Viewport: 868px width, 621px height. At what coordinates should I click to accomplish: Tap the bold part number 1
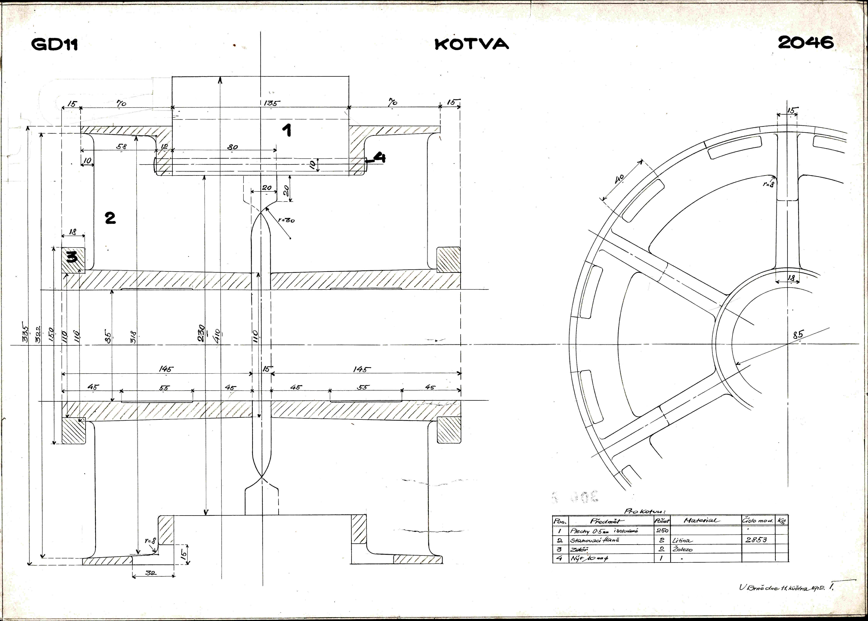287,131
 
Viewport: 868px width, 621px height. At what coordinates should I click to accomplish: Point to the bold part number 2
110,218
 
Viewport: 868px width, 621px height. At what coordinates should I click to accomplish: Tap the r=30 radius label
286,220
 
